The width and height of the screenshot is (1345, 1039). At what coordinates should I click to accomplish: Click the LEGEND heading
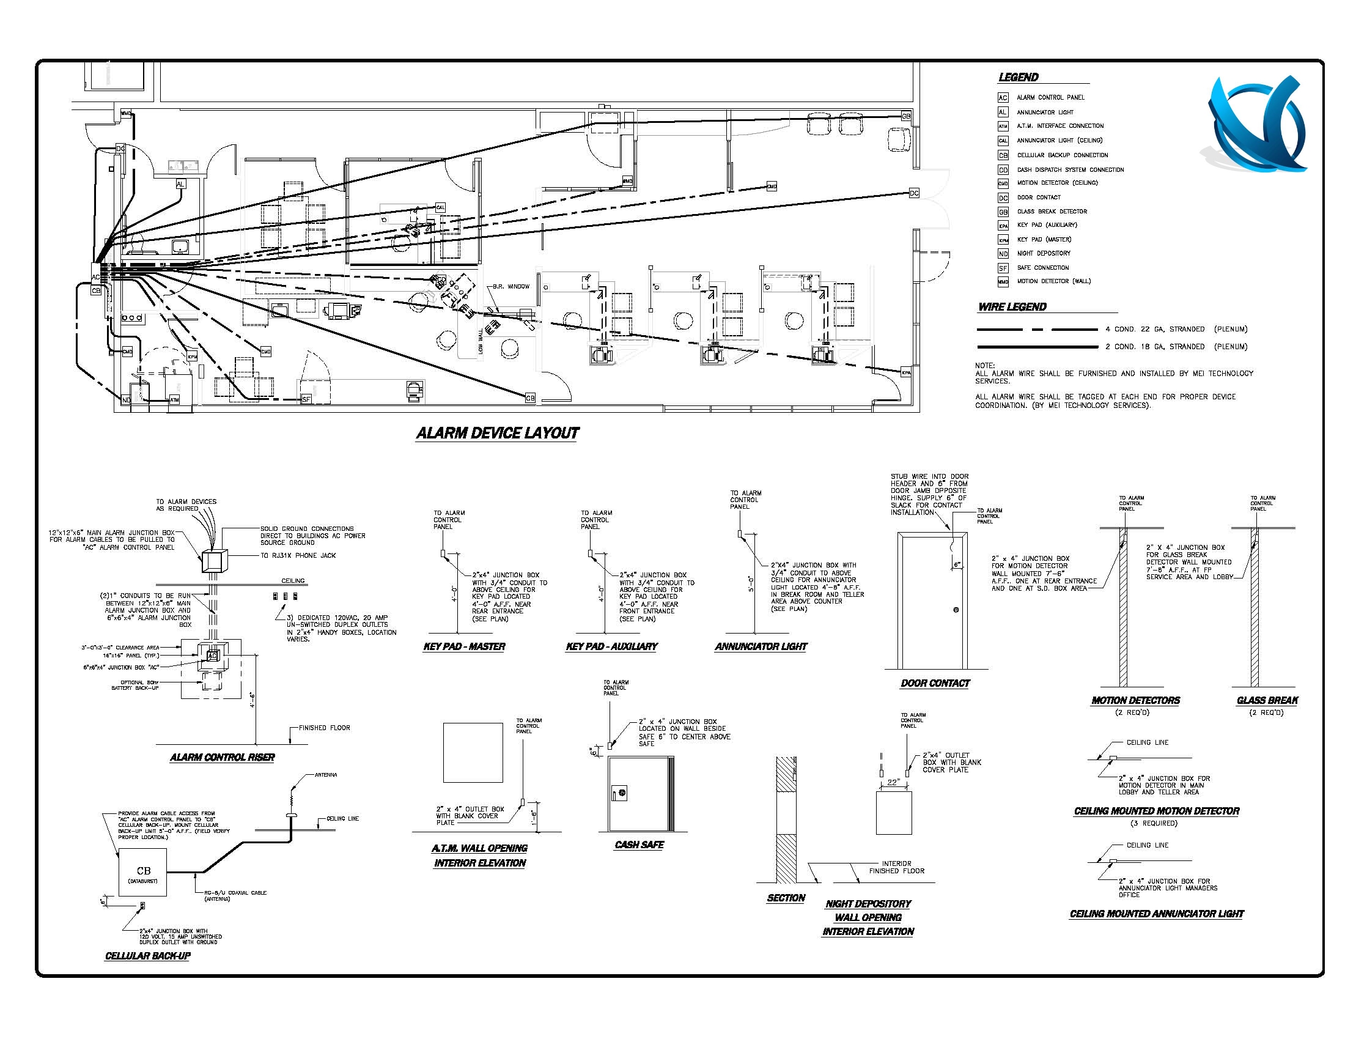[x=1018, y=78]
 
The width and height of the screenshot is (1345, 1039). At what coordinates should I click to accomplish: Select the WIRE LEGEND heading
[x=1012, y=307]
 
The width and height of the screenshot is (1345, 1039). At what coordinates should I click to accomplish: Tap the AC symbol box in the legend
[x=1003, y=98]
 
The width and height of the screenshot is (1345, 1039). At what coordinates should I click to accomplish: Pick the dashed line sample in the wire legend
[x=1037, y=330]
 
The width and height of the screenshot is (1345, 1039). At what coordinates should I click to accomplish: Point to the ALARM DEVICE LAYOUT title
[x=497, y=433]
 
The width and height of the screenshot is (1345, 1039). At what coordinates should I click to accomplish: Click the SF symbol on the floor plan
[x=306, y=399]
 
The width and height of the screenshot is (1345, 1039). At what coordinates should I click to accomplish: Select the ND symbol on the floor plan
[x=127, y=400]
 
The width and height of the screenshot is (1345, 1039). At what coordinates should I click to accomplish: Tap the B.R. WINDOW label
[x=510, y=287]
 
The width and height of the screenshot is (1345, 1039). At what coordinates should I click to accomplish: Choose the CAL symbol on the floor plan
[x=440, y=207]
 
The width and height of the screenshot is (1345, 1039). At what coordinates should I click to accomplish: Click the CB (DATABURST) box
[x=143, y=872]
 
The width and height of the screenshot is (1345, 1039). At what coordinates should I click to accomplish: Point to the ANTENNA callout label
[x=326, y=775]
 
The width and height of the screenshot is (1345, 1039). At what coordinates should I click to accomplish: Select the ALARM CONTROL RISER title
[x=223, y=758]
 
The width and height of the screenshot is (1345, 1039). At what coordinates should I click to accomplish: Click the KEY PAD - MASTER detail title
[x=465, y=646]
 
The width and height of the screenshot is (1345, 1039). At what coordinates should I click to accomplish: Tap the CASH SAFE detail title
[x=639, y=845]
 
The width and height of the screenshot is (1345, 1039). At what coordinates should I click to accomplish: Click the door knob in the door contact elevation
[x=956, y=610]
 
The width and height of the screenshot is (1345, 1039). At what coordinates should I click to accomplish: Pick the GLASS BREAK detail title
[x=1267, y=700]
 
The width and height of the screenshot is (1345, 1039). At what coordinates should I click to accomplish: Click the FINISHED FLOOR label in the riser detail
[x=324, y=728]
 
